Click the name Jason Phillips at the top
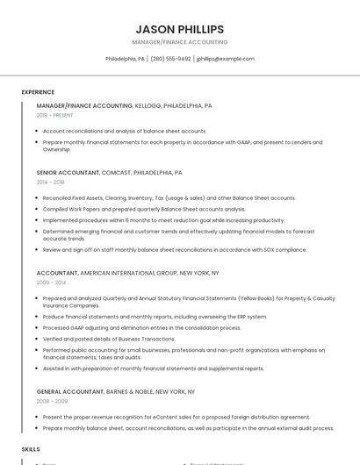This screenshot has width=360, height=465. point(179,29)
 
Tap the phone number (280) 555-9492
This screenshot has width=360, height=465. point(170,59)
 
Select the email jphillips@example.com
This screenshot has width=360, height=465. point(226,59)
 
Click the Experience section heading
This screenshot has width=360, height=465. point(38,92)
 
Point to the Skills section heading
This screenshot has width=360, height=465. point(31,448)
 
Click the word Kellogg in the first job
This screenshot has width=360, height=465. point(148,105)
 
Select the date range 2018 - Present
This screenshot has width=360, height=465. point(55,115)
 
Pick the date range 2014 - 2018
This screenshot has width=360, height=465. point(50,182)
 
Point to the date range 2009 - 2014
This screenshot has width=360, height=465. point(50,283)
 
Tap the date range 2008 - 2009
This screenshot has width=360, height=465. point(50,401)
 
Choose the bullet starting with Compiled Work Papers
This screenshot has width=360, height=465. point(144,209)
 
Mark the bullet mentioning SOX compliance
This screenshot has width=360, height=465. point(175,249)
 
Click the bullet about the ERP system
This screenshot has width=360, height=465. point(155,317)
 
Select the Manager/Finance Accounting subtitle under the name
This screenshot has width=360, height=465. point(179,42)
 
